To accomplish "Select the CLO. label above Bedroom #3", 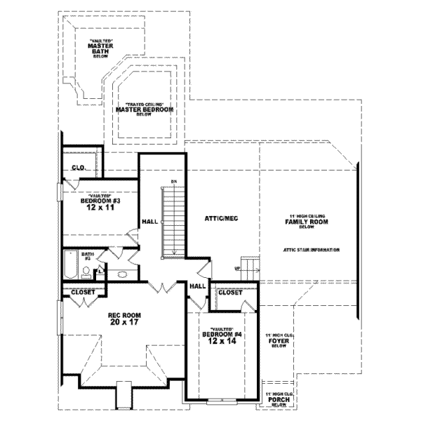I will pyautogui.click(x=78, y=168).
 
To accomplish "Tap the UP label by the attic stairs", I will pyautogui.click(x=237, y=267).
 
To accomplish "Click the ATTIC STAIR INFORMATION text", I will pyautogui.click(x=312, y=250).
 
